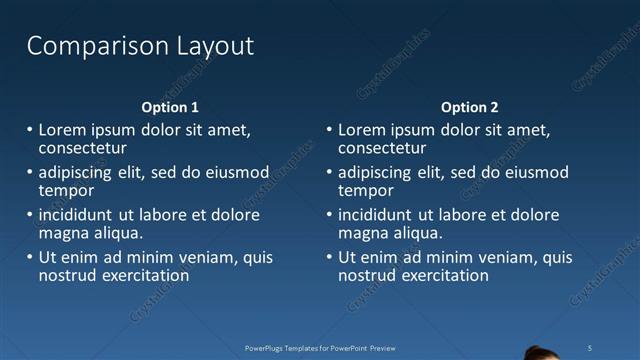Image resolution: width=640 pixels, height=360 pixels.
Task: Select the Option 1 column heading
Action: pos(170,107)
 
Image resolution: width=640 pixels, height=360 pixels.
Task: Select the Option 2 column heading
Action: pos(469,107)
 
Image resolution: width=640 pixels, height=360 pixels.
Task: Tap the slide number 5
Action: pos(590,347)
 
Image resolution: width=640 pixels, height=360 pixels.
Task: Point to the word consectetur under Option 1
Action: pos(85,148)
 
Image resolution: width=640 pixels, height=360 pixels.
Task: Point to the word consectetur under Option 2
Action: pos(385,148)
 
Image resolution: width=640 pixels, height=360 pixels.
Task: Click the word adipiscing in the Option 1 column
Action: pos(76,172)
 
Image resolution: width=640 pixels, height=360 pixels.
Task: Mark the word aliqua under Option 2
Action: pos(416,233)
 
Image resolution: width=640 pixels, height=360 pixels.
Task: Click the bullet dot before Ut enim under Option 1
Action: pos(30,258)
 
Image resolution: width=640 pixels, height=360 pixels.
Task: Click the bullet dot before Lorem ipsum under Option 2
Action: pos(330,130)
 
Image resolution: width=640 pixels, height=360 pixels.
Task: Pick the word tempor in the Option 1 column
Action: pos(66,190)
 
